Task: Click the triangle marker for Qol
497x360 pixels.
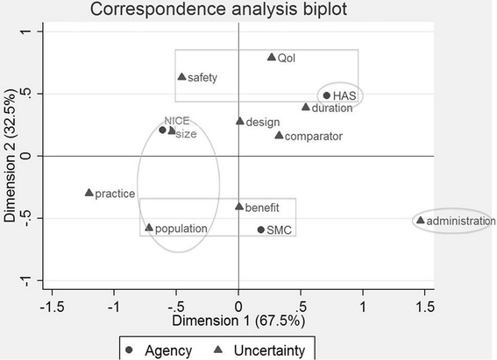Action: pyautogui.click(x=272, y=57)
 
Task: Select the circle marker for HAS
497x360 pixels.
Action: pyautogui.click(x=327, y=95)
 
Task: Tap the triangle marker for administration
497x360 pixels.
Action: pyautogui.click(x=421, y=221)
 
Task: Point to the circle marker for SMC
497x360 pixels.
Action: pyautogui.click(x=261, y=229)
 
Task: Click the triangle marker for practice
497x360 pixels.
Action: pyautogui.click(x=89, y=193)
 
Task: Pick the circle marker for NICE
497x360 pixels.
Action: pyautogui.click(x=162, y=130)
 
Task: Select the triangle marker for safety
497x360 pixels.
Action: pyautogui.click(x=181, y=76)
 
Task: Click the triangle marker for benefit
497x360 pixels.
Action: pyautogui.click(x=238, y=207)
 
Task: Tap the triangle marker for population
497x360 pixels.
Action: pyautogui.click(x=149, y=227)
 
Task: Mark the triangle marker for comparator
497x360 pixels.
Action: pyautogui.click(x=279, y=135)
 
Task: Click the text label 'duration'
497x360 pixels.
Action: pyautogui.click(x=332, y=109)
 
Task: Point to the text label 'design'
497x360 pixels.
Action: pyautogui.click(x=263, y=122)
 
